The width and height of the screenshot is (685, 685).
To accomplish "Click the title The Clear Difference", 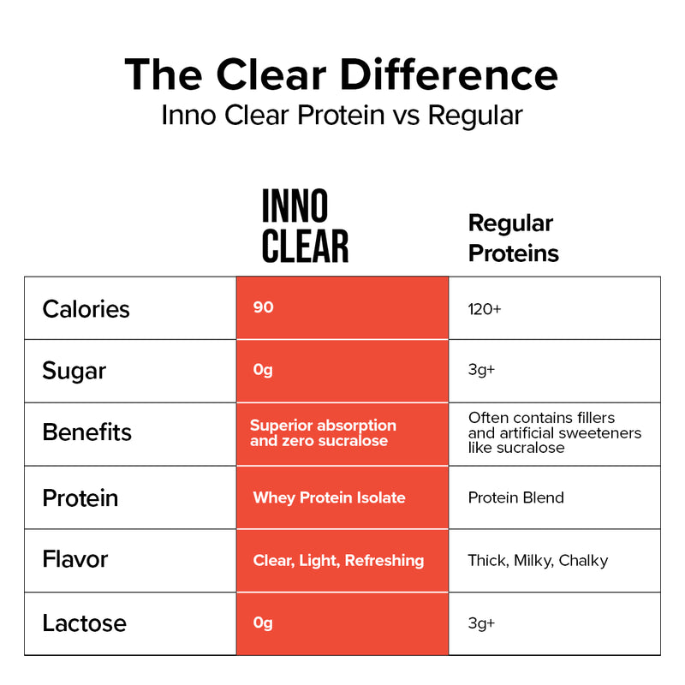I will [x=341, y=74].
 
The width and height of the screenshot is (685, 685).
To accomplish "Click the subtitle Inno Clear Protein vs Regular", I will [x=342, y=115].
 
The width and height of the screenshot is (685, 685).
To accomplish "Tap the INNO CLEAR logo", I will [x=305, y=227].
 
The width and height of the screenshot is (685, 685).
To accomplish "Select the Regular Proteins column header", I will [x=513, y=238].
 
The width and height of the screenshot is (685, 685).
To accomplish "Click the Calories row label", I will [x=86, y=308].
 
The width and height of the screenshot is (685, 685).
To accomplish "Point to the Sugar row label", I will [x=74, y=371].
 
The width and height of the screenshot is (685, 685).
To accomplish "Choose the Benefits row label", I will [x=86, y=432].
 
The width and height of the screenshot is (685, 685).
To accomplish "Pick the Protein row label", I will [x=80, y=497].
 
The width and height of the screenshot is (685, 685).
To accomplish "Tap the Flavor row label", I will [x=74, y=559].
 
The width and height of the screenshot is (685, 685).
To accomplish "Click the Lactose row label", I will [x=84, y=622].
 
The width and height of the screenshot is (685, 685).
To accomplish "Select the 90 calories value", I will [x=264, y=307].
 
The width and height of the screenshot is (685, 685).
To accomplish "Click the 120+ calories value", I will [x=485, y=308].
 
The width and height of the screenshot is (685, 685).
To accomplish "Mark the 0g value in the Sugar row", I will [x=263, y=370].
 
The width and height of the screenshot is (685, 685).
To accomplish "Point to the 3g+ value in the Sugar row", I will [x=481, y=371].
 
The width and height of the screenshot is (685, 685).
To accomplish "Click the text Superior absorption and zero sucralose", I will [x=323, y=432].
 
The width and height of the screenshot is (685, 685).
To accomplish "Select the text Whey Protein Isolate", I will [x=329, y=497].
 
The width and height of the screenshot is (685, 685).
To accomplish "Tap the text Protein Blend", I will [x=515, y=497].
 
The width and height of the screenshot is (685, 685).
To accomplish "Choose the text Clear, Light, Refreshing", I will [x=338, y=560].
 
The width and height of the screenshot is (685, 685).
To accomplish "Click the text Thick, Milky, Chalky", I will [x=538, y=561].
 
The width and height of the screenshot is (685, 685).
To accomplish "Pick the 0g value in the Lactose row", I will [x=263, y=622].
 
